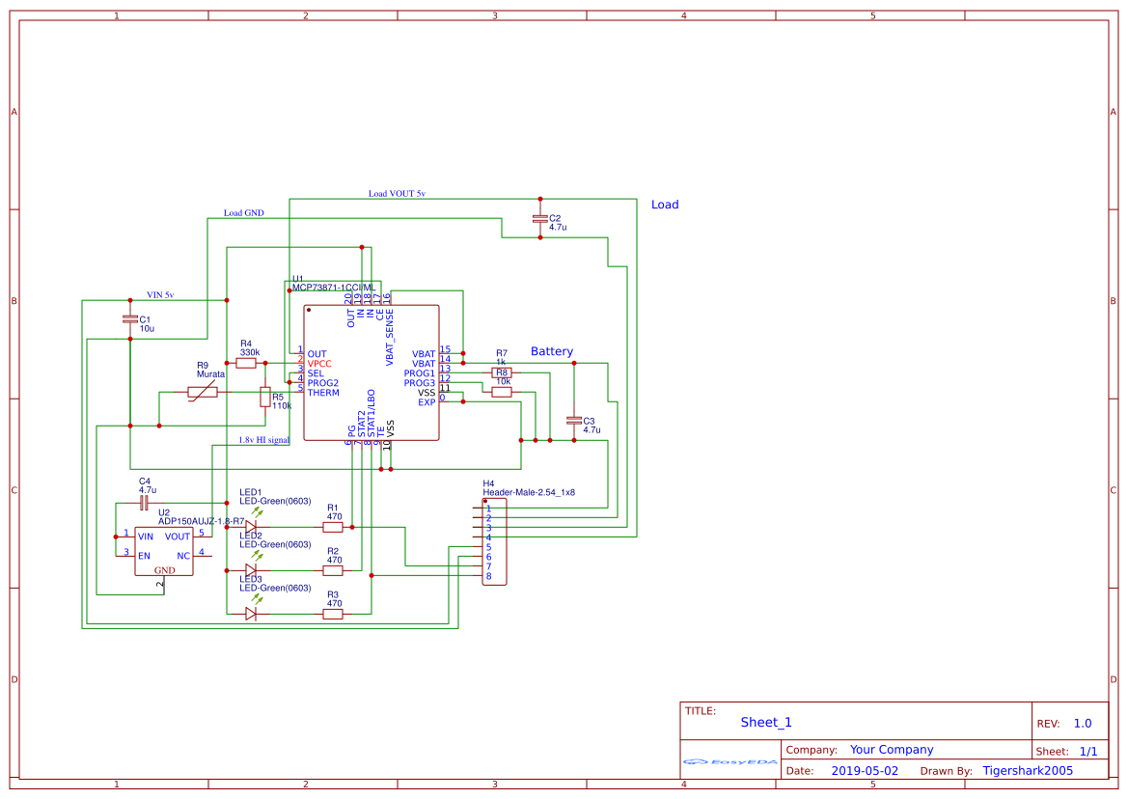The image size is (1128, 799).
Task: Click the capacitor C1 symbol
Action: [130, 318]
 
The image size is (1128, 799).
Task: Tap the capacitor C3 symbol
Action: [574, 421]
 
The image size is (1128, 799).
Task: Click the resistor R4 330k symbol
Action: [246, 363]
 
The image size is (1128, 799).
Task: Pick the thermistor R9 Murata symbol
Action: [203, 392]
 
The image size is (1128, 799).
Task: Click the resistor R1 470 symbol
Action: [333, 527]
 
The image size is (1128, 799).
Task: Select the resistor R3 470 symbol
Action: [333, 614]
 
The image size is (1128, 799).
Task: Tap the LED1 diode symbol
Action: [251, 527]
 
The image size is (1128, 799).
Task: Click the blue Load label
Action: [665, 205]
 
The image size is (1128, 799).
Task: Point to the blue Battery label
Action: [552, 351]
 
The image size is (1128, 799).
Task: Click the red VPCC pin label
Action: [319, 364]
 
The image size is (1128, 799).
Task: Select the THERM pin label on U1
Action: [323, 393]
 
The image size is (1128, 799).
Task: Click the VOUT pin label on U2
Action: [178, 537]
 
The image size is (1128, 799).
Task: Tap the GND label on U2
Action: [164, 570]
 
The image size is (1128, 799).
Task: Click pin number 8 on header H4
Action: [489, 576]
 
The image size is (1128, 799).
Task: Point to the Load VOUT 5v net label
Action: [397, 194]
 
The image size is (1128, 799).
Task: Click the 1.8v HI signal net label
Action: [263, 440]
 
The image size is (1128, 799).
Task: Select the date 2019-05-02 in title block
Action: [865, 771]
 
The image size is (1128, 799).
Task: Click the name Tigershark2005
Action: [1028, 771]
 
